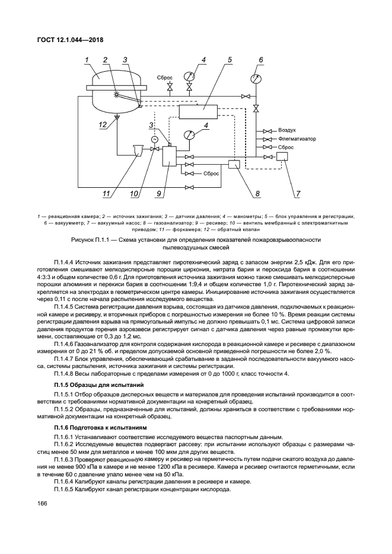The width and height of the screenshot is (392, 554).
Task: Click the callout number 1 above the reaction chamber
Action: click(x=87, y=59)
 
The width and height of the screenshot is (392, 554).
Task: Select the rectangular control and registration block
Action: click(x=194, y=110)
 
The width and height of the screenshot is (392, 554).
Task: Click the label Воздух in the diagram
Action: click(x=287, y=130)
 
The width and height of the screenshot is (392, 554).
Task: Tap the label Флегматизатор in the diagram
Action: click(x=294, y=138)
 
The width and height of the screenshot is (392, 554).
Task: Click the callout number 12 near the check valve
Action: click(x=103, y=124)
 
